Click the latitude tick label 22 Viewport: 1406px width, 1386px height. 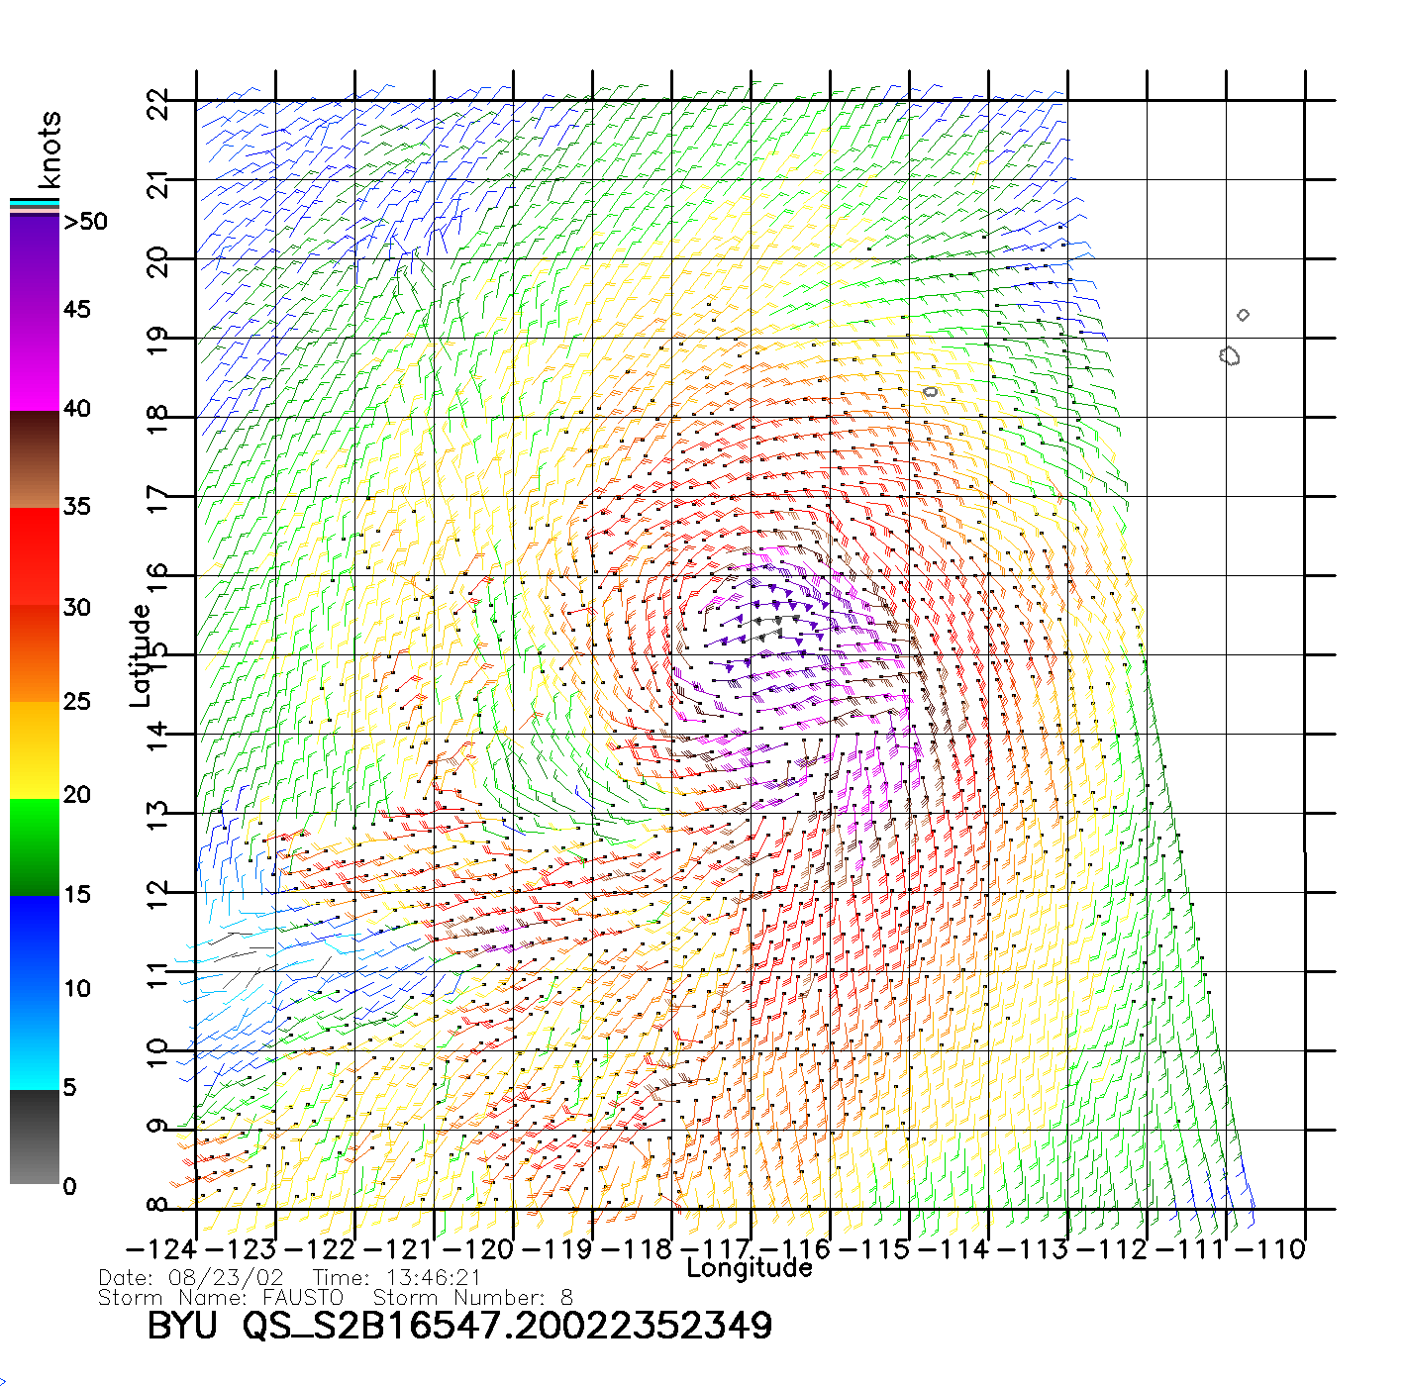158,103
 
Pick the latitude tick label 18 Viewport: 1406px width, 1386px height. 158,420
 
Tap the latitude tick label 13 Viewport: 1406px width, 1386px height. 158,816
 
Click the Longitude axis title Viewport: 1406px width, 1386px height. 750,1268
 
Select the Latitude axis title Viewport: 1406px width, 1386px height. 141,655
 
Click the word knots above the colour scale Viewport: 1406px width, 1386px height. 50,149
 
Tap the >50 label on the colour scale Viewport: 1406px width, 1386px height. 86,222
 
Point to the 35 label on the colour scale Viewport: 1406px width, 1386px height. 77,507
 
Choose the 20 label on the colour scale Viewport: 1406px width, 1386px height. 77,795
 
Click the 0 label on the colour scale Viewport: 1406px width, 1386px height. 69,1186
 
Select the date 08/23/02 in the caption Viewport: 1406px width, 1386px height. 227,1278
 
